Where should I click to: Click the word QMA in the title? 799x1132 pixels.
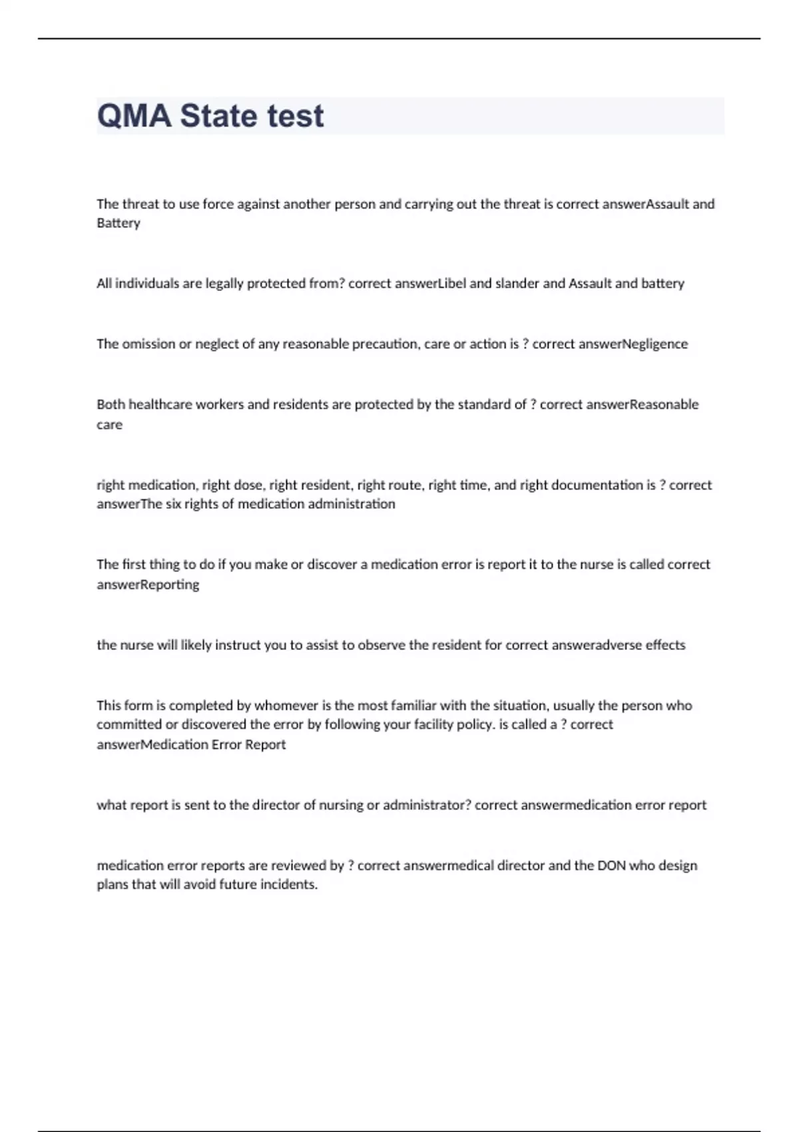pos(134,116)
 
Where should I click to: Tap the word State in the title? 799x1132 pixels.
pos(218,116)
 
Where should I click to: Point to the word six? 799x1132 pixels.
pos(172,504)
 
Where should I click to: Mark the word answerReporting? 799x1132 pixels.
pos(148,585)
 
